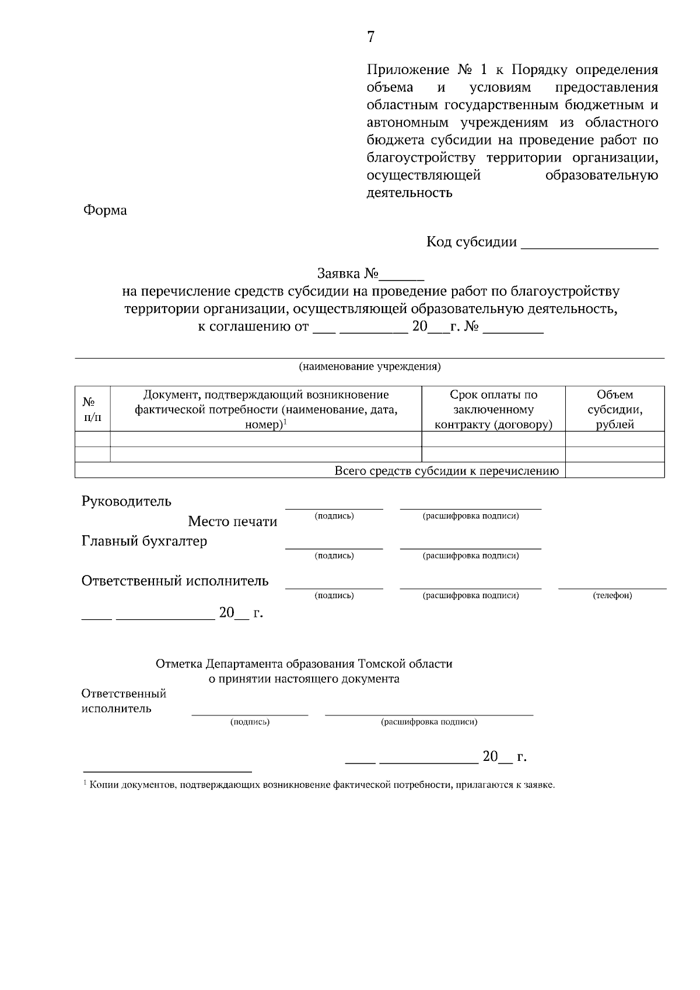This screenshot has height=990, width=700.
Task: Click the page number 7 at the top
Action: point(371,37)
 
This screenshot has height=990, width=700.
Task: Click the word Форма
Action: point(105,210)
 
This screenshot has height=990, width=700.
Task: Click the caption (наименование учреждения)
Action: point(369,367)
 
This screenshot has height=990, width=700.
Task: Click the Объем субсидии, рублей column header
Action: point(615,409)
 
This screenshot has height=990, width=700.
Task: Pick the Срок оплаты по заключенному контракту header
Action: point(493,409)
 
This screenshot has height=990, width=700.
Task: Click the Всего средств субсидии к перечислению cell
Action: point(446,471)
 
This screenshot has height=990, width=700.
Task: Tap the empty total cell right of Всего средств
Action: point(615,471)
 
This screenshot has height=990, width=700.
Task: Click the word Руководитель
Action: point(127,501)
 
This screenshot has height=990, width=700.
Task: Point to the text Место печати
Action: point(232,521)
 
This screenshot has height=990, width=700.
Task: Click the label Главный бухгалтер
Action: point(144,541)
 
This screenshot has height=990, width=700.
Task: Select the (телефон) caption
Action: point(612,595)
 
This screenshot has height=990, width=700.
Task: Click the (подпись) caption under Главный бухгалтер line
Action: point(334,556)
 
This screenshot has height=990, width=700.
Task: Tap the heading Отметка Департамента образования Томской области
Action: point(304,663)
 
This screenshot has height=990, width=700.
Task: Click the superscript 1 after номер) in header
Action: point(285,421)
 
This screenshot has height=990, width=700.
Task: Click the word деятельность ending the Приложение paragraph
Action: point(409,193)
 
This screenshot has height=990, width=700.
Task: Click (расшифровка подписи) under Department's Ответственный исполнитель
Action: point(429,722)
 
